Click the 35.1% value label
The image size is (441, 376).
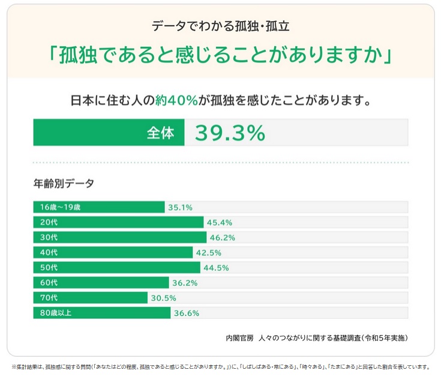click(x=180, y=207)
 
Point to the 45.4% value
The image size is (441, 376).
click(x=219, y=222)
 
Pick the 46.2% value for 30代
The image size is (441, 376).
click(x=222, y=237)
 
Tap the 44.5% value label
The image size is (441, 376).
click(x=216, y=267)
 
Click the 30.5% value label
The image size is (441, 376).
click(x=163, y=298)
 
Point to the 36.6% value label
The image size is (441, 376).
click(x=186, y=313)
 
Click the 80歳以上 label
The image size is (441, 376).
click(x=55, y=313)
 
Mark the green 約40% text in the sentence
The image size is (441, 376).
click(x=176, y=100)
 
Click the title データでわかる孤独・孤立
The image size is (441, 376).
click(x=221, y=26)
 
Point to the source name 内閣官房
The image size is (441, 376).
click(x=239, y=338)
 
